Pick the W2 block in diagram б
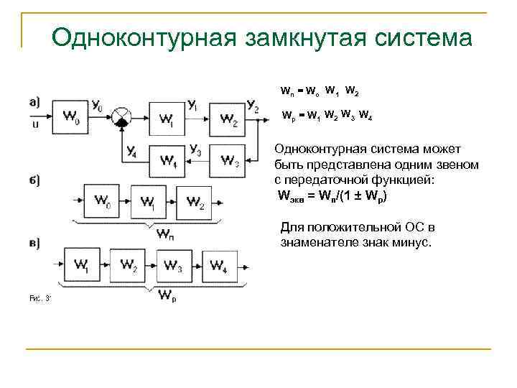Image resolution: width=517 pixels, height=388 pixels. point(195,202)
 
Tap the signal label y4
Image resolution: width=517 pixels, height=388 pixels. point(131,151)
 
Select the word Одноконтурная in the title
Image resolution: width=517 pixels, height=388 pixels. point(144,37)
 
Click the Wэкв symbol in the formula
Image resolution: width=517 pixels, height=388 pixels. point(289,196)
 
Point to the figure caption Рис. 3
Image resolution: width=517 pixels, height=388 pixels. point(38,297)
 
